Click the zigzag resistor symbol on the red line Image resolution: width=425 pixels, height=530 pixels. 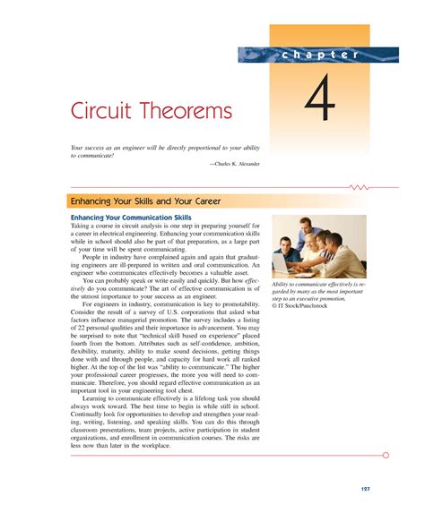[x=360, y=188]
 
